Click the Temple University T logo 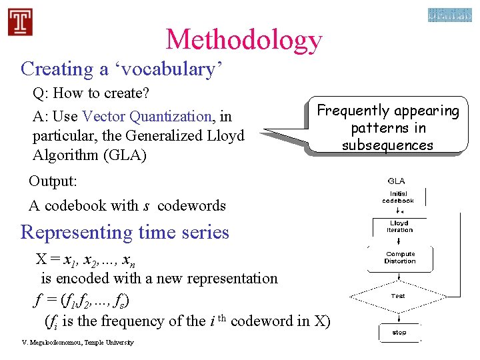click(20, 21)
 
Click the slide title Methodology click(244, 39)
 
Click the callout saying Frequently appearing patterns click(388, 127)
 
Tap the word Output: click(52, 181)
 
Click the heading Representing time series click(125, 232)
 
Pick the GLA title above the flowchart click(396, 181)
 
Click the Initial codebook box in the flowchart click(398, 197)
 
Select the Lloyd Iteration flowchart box click(399, 227)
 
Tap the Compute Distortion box click(400, 257)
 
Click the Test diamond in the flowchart click(398, 296)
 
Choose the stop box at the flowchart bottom click(399, 332)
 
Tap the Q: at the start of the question click(42, 93)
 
